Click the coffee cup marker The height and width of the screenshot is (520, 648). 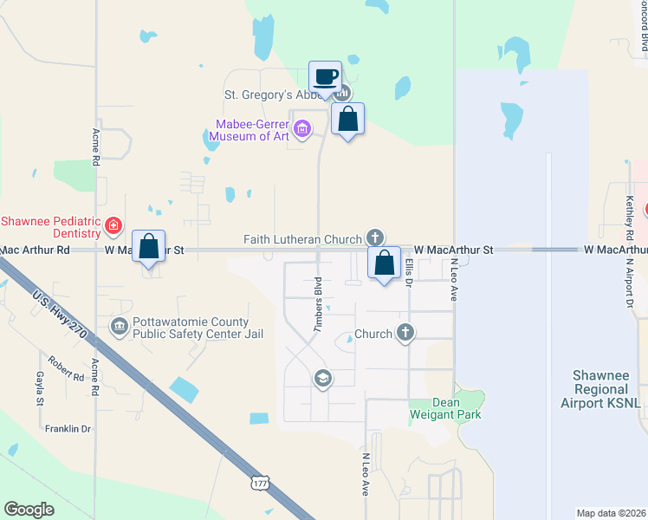point(325,77)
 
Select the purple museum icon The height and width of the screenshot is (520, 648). point(301,131)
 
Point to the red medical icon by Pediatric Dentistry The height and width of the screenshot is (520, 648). point(113,226)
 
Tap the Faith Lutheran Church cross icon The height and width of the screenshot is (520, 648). point(375,237)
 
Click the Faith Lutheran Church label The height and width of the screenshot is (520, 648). point(301,239)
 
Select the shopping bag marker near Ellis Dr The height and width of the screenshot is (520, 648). point(384,262)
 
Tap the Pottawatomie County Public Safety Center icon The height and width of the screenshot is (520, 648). point(119,326)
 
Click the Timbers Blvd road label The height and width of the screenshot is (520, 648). point(318,304)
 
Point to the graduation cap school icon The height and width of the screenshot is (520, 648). point(322,378)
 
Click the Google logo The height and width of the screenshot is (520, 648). point(29,509)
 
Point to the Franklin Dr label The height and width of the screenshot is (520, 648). point(68,429)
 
